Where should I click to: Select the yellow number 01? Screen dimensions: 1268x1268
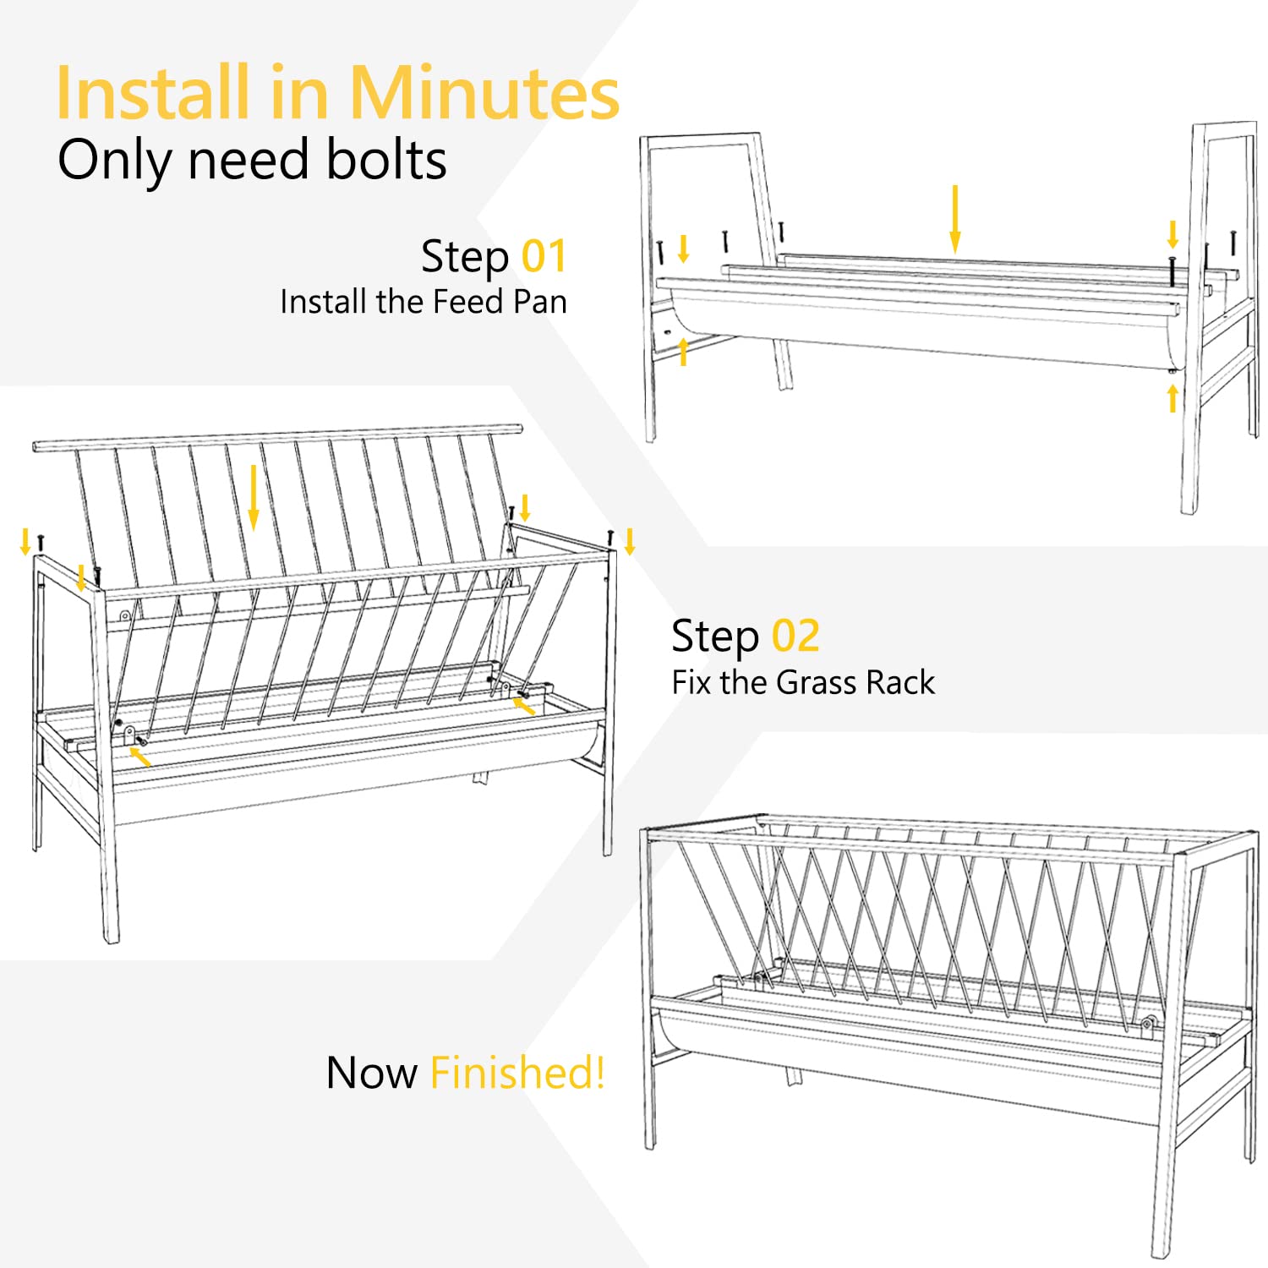point(544,256)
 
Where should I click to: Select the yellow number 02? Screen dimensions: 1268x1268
point(795,636)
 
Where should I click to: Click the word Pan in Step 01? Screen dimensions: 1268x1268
point(539,302)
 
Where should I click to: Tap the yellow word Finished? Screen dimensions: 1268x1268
point(517,1072)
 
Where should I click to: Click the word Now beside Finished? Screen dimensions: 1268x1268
point(372,1074)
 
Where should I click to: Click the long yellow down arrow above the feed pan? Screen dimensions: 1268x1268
point(955,218)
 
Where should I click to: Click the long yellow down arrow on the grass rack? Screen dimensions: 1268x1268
point(253,498)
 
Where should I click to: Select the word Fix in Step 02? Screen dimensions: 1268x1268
point(692,682)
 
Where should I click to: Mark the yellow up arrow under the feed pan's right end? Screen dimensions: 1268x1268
point(1172,398)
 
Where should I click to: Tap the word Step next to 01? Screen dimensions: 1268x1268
point(466,258)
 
